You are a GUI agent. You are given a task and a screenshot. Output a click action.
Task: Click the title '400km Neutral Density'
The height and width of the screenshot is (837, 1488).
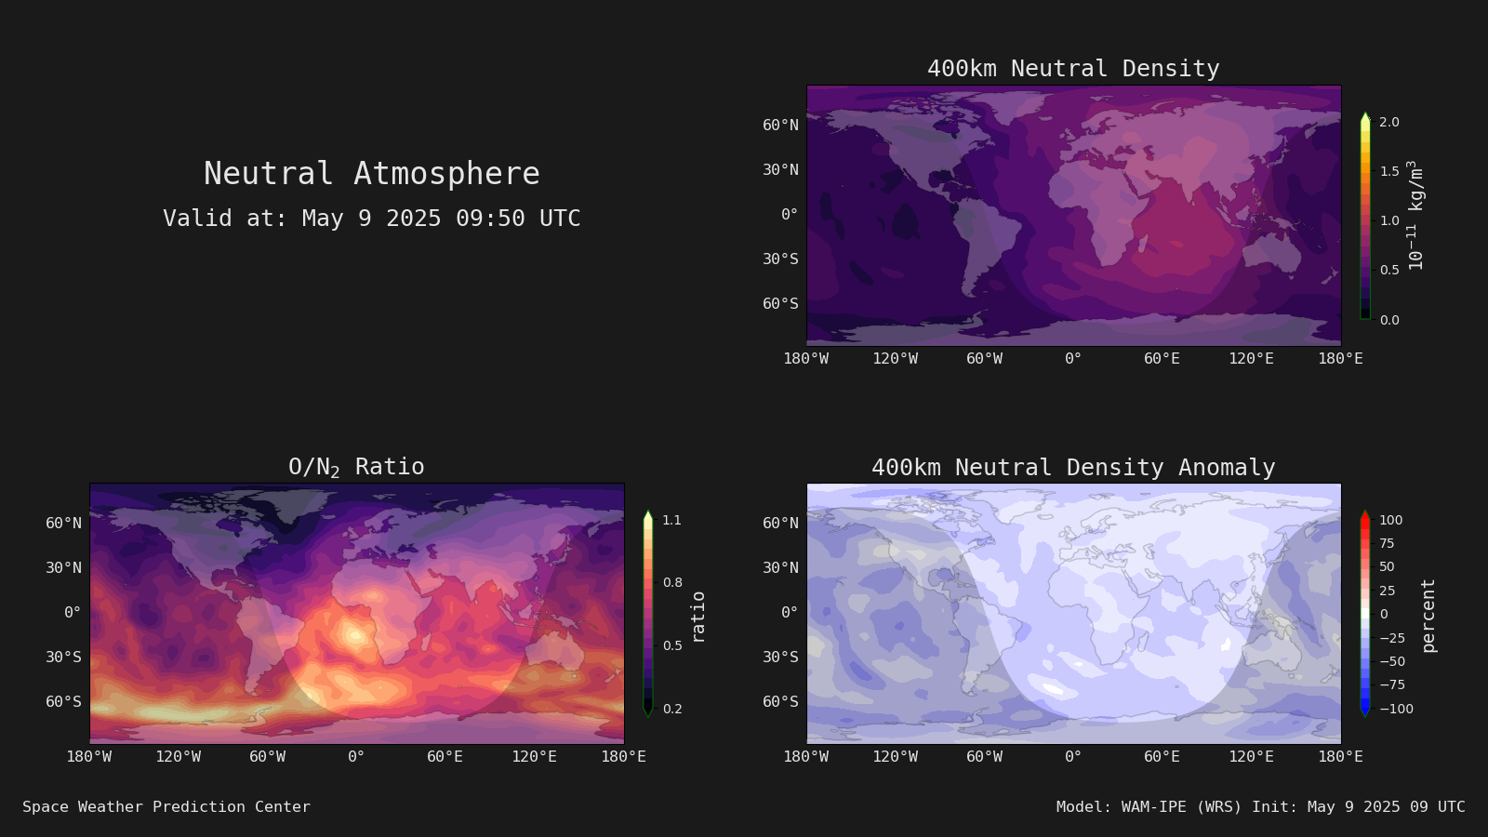pos(1073,69)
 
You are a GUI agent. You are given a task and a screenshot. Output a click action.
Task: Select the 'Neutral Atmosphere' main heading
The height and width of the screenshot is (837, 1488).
pos(371,173)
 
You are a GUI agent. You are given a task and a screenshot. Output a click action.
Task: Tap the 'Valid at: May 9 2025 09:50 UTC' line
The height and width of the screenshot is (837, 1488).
pos(371,218)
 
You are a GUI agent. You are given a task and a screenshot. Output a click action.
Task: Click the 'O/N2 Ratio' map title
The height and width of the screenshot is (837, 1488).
pos(356,467)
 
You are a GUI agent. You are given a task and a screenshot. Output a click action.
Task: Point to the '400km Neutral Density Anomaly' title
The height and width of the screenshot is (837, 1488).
pos(1073,468)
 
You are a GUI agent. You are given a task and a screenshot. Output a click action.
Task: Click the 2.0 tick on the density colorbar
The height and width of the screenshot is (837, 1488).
pos(1389,122)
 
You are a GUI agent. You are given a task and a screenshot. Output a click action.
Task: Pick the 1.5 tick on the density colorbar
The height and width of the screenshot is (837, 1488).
pos(1389,171)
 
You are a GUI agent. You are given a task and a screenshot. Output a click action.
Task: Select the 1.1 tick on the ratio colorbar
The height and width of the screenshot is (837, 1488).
pos(672,520)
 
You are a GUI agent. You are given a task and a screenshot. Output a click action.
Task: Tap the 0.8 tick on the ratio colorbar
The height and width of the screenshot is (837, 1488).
pos(672,582)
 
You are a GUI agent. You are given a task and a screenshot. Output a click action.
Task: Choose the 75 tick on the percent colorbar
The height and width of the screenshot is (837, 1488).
pos(1387,543)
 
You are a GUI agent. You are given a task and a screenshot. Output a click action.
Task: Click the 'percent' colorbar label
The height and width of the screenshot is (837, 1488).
pos(1428,616)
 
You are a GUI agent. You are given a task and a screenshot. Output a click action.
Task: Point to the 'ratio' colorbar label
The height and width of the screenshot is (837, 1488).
pos(697,617)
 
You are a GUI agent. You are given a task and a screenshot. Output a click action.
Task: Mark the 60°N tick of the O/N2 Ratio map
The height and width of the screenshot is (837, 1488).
pos(64,523)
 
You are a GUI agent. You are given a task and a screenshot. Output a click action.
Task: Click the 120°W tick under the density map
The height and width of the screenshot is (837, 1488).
pos(896,359)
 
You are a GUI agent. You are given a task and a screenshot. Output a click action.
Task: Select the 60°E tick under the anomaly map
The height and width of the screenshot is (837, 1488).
pos(1162,757)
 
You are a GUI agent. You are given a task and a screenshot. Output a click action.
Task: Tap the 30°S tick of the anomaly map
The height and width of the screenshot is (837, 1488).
pos(780,657)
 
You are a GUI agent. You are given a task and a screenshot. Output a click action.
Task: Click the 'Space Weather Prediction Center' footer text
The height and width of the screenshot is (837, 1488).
pos(166,807)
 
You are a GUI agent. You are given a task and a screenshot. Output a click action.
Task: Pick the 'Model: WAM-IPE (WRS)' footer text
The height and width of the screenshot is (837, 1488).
pos(1149,807)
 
